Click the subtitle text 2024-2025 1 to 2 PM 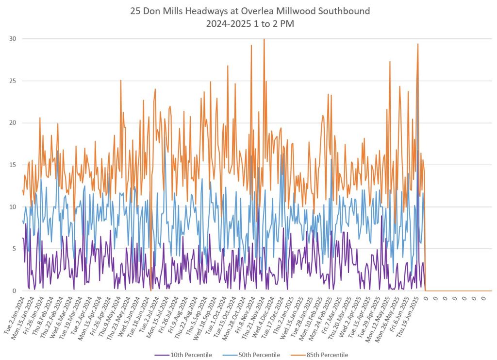click(248, 23)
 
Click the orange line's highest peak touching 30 click(264, 39)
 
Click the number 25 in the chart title click(136, 11)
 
